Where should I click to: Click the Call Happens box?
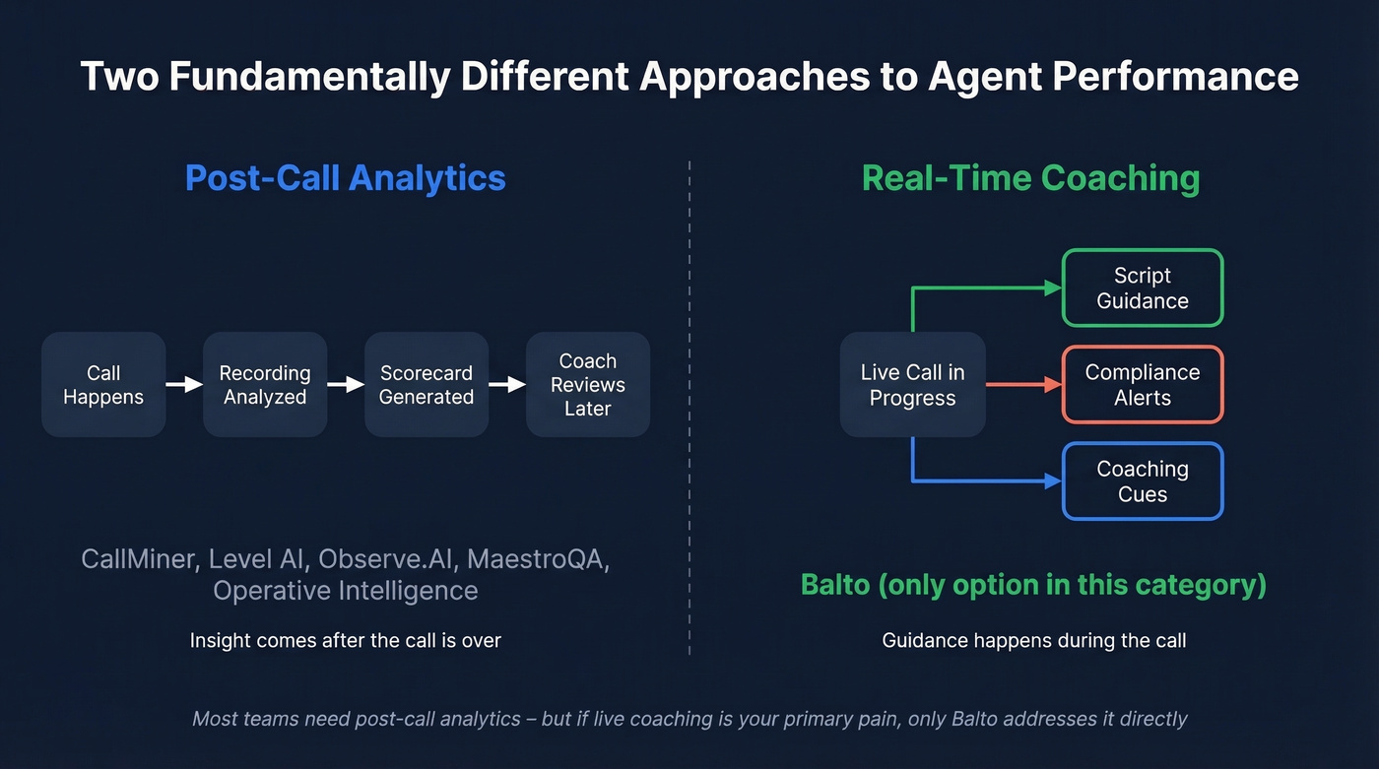103,385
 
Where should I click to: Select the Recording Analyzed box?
265,385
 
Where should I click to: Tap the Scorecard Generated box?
427,385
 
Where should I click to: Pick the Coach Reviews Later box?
588,385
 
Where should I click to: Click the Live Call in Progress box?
912,385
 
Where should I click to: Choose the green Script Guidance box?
1143,288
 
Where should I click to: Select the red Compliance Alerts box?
1143,385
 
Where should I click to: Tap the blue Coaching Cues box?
1143,481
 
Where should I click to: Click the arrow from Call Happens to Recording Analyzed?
184,385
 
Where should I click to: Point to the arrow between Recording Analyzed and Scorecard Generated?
346,385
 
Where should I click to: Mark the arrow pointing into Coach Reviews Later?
507,385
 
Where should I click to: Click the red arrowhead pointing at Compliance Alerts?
1052,385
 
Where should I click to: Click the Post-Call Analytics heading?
346,178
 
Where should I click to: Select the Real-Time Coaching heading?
1030,178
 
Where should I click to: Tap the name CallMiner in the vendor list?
137,559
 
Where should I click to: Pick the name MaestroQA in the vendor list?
538,559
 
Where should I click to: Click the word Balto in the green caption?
834,585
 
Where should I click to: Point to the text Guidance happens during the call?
1033,641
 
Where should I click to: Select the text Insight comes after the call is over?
346,641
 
